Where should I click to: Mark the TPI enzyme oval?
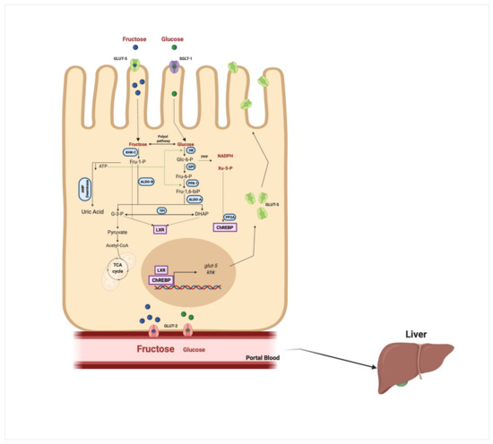tap(162, 209)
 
